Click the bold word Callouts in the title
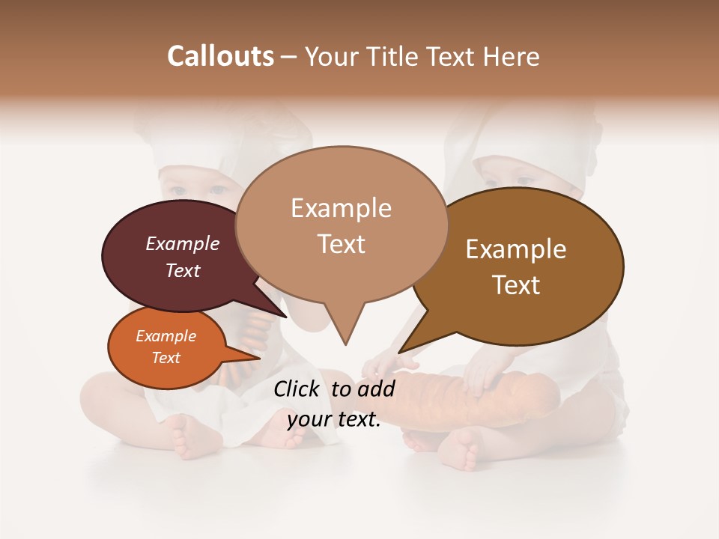[220, 56]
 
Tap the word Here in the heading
[509, 56]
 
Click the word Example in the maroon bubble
[182, 243]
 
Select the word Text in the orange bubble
[166, 358]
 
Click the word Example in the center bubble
[341, 208]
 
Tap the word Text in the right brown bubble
[516, 285]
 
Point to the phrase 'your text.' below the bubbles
[334, 419]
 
